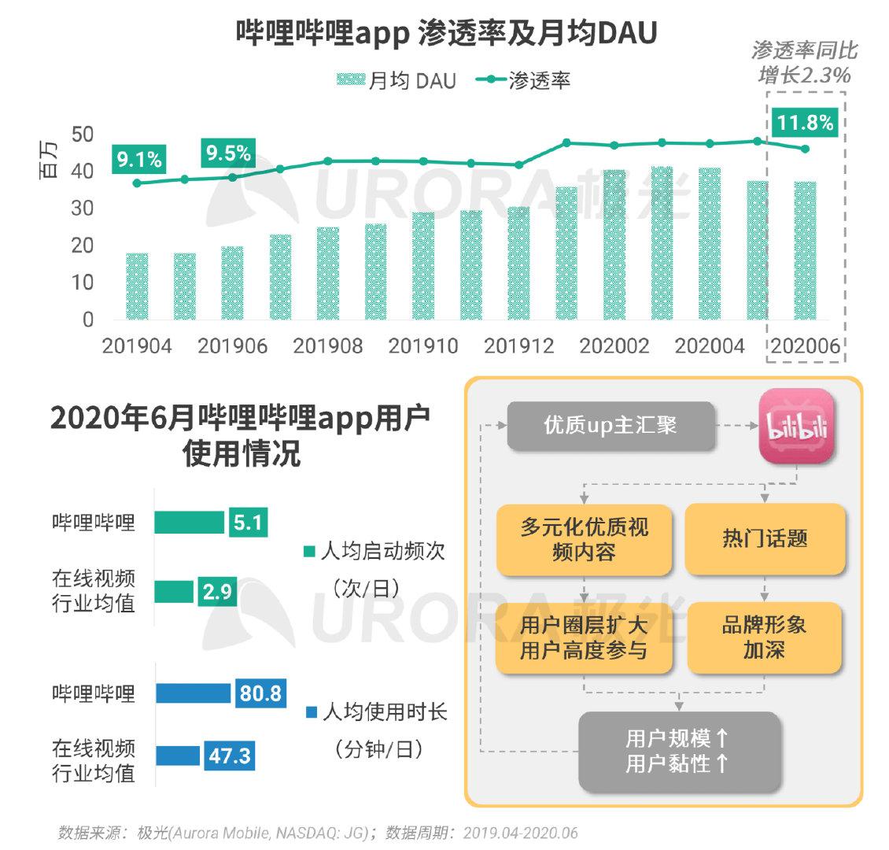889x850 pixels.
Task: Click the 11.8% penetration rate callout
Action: click(805, 123)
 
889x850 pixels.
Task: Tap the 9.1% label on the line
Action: click(139, 160)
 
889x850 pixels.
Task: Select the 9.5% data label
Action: click(228, 153)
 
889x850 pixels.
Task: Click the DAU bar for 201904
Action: click(137, 286)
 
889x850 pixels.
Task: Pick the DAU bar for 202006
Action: click(805, 250)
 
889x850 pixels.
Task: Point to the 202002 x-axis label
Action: click(614, 346)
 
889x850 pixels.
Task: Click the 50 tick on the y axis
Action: click(82, 135)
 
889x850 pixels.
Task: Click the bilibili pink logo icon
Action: click(796, 426)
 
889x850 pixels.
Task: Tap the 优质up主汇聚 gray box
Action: click(610, 426)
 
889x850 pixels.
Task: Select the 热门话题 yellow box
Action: click(765, 539)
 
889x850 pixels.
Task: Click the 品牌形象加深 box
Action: click(764, 637)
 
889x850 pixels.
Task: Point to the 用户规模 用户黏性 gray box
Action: click(679, 751)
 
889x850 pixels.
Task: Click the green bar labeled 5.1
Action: click(189, 523)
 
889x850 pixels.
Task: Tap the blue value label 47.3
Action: click(229, 756)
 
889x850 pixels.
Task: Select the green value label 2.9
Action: click(217, 592)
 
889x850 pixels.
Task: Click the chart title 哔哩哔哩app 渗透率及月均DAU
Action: click(446, 34)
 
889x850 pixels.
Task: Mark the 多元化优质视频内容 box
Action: click(584, 539)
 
